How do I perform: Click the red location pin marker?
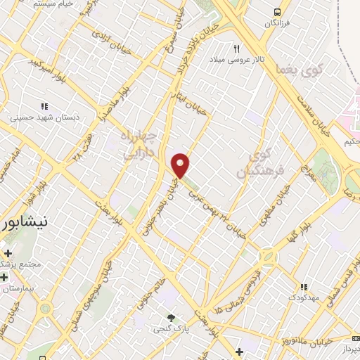pyautogui.click(x=181, y=165)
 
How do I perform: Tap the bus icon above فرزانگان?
pyautogui.click(x=278, y=12)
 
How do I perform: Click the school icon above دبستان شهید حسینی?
pyautogui.click(x=44, y=106)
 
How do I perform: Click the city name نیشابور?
pyautogui.click(x=25, y=224)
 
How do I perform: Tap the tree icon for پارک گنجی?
pyautogui.click(x=169, y=316)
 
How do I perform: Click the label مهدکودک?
pyautogui.click(x=303, y=297)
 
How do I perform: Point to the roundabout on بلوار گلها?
pyautogui.click(x=268, y=255)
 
